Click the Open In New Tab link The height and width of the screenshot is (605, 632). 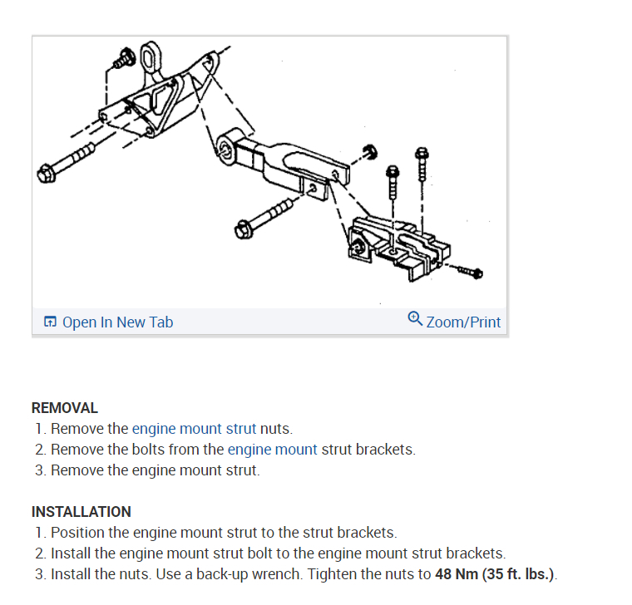[117, 322]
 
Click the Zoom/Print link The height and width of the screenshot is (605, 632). [463, 322]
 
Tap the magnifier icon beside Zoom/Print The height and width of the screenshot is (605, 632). [416, 318]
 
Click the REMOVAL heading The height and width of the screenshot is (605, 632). [65, 408]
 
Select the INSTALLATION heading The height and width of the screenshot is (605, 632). [81, 512]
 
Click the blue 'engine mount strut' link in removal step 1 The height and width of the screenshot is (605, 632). [194, 429]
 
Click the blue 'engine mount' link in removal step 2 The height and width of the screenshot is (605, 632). [273, 450]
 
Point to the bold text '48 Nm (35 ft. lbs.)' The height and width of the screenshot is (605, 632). [494, 574]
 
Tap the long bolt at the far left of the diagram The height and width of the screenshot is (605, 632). [67, 161]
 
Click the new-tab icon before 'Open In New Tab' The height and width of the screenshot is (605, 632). [50, 322]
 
